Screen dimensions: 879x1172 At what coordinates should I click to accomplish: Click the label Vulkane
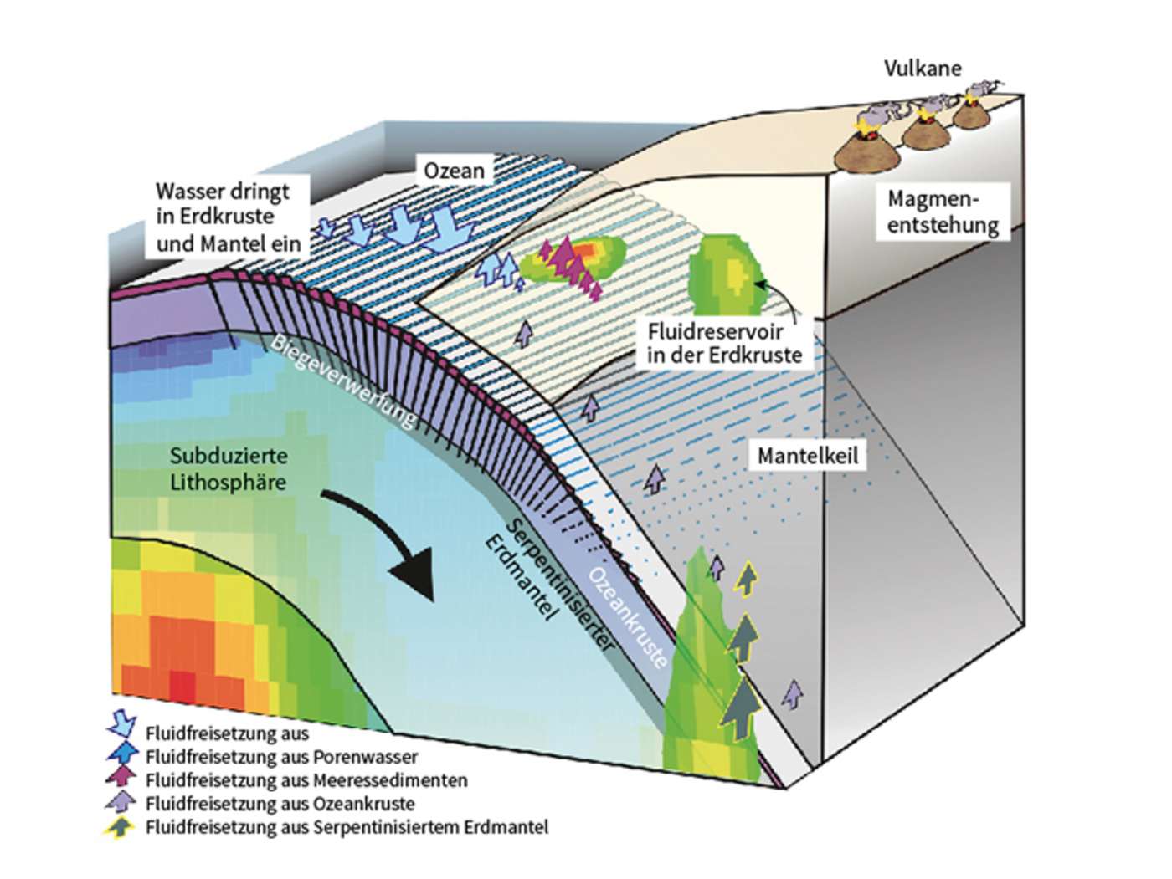pos(923,69)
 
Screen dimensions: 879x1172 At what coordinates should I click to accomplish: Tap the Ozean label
pos(454,171)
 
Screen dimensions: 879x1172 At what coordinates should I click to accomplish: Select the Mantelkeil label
pos(807,457)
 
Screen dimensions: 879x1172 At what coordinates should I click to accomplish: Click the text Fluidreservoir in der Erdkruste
pos(725,342)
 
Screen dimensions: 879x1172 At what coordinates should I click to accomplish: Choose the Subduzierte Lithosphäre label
pos(229,469)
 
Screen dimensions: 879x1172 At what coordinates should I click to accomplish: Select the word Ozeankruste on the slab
pos(626,618)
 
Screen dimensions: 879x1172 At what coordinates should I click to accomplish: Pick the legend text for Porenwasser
pos(281,757)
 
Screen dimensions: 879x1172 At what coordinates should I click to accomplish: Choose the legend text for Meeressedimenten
pos(306,780)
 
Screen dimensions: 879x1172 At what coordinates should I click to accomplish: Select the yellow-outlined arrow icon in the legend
pos(123,826)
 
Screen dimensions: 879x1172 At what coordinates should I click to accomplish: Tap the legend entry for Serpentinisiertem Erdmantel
pos(347,827)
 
